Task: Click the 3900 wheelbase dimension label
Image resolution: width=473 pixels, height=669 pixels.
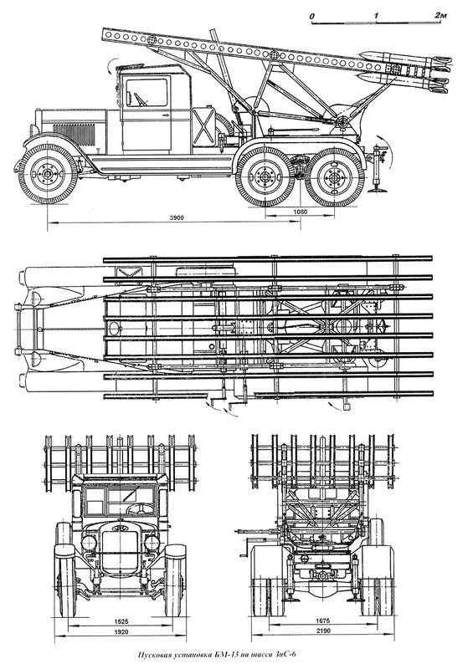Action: pos(177,217)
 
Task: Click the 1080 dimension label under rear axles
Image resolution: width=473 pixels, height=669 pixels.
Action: pos(300,212)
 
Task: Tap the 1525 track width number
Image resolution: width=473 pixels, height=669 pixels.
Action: pos(121,620)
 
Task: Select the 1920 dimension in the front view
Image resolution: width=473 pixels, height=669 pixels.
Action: pos(121,632)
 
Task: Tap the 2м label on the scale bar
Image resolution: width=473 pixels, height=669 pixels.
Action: pos(440,15)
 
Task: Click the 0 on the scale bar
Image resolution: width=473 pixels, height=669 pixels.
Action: pos(313,16)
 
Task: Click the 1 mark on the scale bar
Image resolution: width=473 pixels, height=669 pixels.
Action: pos(376,16)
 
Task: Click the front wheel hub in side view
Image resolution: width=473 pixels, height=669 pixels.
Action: pos(48,174)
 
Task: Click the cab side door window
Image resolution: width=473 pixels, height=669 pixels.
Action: pos(147,92)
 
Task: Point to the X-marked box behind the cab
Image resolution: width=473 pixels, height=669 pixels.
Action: pos(203,125)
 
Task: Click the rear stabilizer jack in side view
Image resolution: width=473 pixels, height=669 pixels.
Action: pos(378,169)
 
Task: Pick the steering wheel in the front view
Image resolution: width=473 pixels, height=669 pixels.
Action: pos(139,508)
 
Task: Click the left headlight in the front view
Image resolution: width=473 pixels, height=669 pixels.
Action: pos(89,543)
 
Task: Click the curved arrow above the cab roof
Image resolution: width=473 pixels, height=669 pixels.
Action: pos(111,65)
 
